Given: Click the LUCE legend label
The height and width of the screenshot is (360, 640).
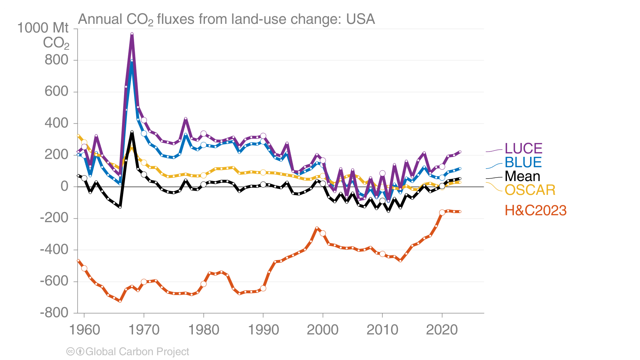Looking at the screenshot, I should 523,149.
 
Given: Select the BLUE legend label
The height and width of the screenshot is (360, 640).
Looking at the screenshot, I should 523,162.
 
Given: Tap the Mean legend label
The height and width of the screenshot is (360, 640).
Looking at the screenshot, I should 522,176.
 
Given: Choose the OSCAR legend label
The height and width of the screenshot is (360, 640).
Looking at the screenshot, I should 530,190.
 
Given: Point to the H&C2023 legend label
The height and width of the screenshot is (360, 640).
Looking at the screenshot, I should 535,210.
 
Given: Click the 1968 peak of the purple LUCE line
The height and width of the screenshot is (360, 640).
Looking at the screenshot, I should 132,34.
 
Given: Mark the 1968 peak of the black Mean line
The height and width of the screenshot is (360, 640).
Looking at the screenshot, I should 132,132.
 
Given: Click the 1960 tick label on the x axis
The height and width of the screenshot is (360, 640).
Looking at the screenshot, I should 84,330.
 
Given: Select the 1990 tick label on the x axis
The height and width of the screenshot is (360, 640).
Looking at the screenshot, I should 263,330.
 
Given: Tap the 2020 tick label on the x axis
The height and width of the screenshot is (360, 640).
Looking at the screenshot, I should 442,330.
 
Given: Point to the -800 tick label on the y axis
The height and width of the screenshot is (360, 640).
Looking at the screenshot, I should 54,313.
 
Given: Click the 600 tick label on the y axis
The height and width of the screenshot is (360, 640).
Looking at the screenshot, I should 57,92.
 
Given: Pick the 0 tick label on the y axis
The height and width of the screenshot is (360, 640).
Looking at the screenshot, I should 65,187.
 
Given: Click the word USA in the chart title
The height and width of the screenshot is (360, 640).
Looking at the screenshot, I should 360,19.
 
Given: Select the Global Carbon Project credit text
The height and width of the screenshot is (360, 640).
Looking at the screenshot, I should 137,352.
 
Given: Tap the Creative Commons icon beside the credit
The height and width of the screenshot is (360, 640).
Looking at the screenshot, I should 70,352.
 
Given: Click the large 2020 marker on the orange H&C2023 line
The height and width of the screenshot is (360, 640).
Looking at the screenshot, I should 442,213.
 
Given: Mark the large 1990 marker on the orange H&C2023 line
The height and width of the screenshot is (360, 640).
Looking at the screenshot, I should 263,288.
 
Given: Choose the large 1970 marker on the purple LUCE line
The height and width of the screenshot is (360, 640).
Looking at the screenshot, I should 144,120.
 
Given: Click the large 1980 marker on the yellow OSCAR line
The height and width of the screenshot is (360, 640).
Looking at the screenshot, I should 204,176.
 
